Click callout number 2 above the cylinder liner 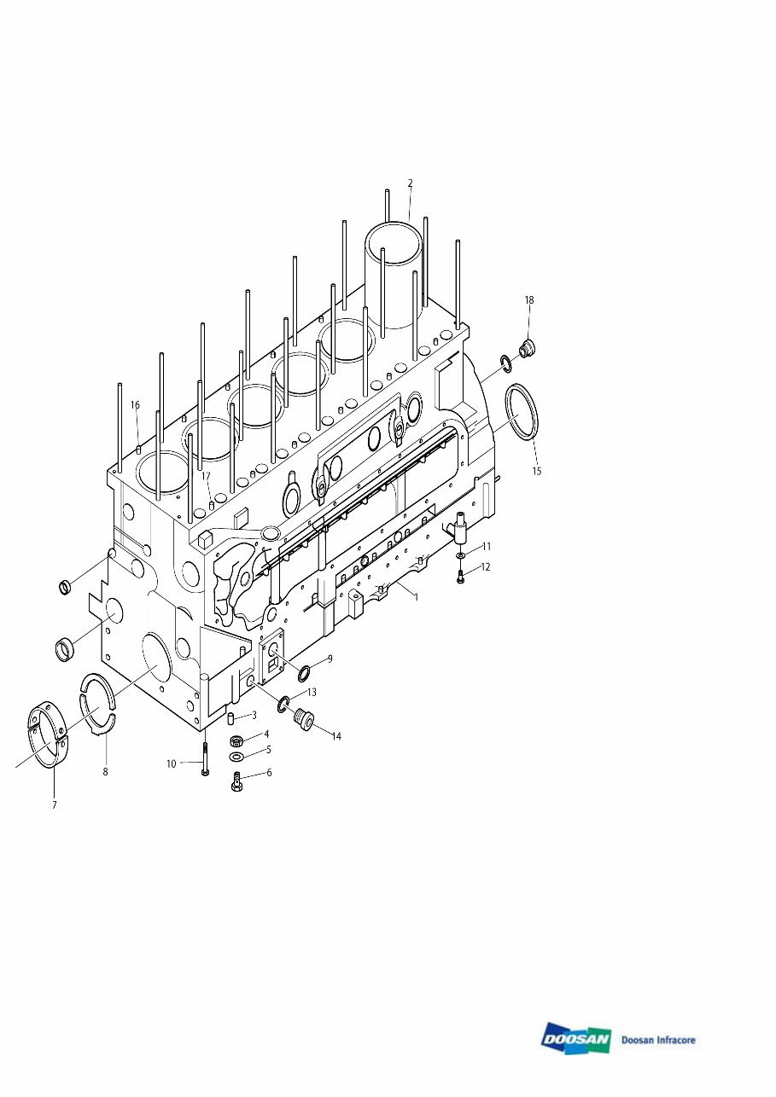[410, 183]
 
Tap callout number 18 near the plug [529, 300]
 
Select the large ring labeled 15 [522, 414]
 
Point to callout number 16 [135, 406]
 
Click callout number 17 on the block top [206, 476]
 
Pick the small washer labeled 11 [461, 555]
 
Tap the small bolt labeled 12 [461, 578]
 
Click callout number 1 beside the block [416, 597]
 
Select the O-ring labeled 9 [304, 674]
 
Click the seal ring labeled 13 [283, 703]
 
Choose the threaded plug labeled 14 [303, 723]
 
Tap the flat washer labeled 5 [236, 757]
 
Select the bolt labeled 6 [237, 781]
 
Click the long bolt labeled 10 [205, 759]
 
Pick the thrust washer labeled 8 [97, 699]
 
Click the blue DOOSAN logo [575, 1039]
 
